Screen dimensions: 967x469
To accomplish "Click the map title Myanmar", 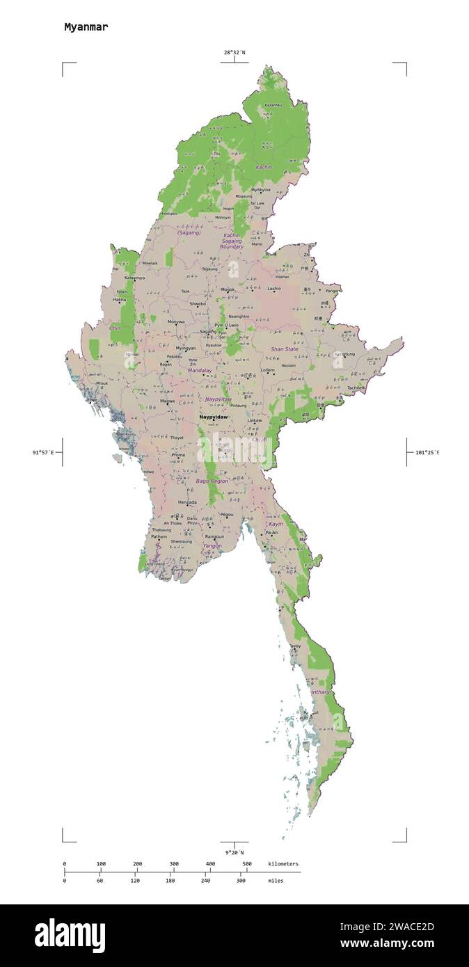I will point(86,27).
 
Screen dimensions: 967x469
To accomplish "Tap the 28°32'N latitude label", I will point(234,52).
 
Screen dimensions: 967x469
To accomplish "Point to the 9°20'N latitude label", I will point(234,852).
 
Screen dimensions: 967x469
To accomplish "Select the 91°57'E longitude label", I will point(43,452).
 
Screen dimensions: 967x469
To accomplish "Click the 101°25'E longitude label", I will point(427,452).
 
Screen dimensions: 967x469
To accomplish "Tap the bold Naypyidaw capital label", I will point(213,417).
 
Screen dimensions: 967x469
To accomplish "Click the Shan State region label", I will point(285,349).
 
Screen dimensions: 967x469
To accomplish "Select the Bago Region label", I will point(212,481).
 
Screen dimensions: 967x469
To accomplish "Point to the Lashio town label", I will point(274,288).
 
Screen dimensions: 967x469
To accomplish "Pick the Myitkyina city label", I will point(261,189).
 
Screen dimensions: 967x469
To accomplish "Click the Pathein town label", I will point(159,536).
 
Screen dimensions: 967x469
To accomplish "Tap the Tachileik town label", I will point(356,387).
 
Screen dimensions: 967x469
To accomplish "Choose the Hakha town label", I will point(120,300).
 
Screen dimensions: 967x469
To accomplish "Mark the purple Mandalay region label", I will point(200,371).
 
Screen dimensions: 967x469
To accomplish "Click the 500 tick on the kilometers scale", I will point(247,864).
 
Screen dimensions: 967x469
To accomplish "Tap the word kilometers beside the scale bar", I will point(283,864).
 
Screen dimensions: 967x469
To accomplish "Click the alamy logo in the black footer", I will point(70,935).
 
